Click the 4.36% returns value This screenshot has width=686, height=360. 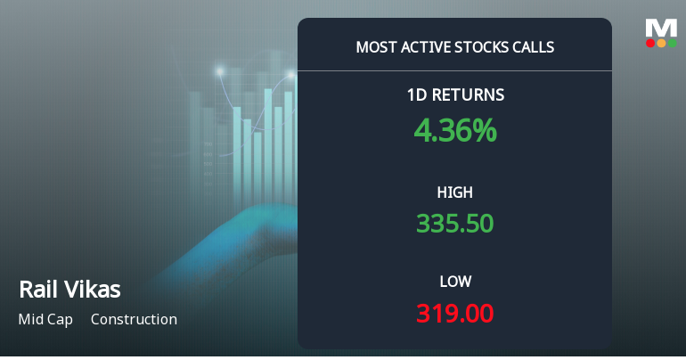coord(454,131)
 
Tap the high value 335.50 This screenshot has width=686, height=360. coord(454,223)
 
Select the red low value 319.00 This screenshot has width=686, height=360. coord(454,314)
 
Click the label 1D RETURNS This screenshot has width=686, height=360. coord(454,94)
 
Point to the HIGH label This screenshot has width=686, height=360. coord(454,192)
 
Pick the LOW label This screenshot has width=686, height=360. coord(454,282)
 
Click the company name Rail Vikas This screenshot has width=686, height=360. coord(69,290)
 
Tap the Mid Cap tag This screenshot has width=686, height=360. coord(45,319)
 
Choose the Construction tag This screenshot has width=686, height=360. coord(134,319)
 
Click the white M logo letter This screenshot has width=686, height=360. coord(660,27)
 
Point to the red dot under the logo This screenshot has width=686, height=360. coord(650,43)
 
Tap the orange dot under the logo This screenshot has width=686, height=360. coord(660,43)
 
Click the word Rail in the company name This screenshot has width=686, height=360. coord(36,290)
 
